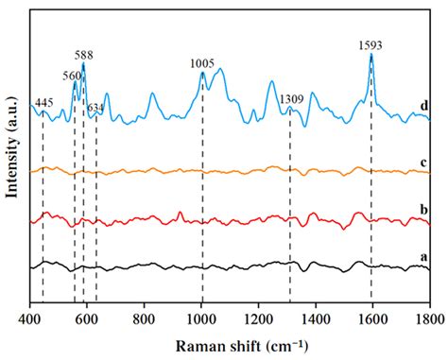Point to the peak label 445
[43, 102]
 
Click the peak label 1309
[290, 97]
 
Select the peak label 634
[96, 107]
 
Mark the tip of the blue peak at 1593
[370, 54]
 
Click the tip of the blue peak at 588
[83, 63]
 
